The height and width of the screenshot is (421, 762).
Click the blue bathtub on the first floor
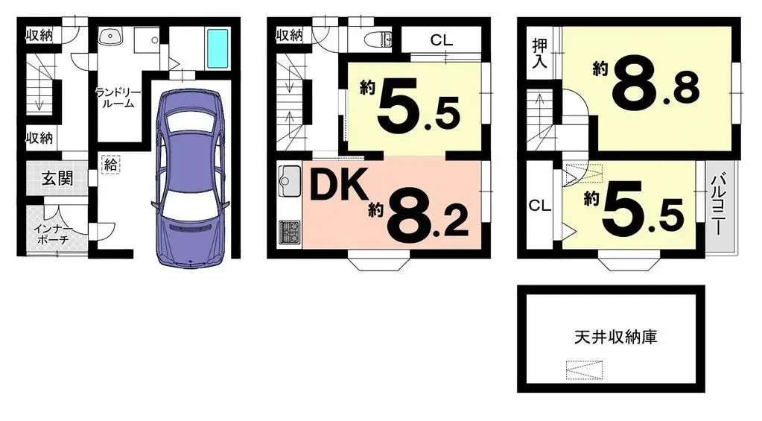coord(218,48)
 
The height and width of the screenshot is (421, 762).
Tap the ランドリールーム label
coord(114,98)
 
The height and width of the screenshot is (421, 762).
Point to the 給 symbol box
coord(110,165)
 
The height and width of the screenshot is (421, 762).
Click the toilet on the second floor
coord(379,39)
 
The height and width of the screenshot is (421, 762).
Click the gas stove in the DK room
coord(288,232)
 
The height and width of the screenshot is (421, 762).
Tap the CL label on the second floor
coord(442,40)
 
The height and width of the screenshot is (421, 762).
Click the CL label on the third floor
coord(540,206)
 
